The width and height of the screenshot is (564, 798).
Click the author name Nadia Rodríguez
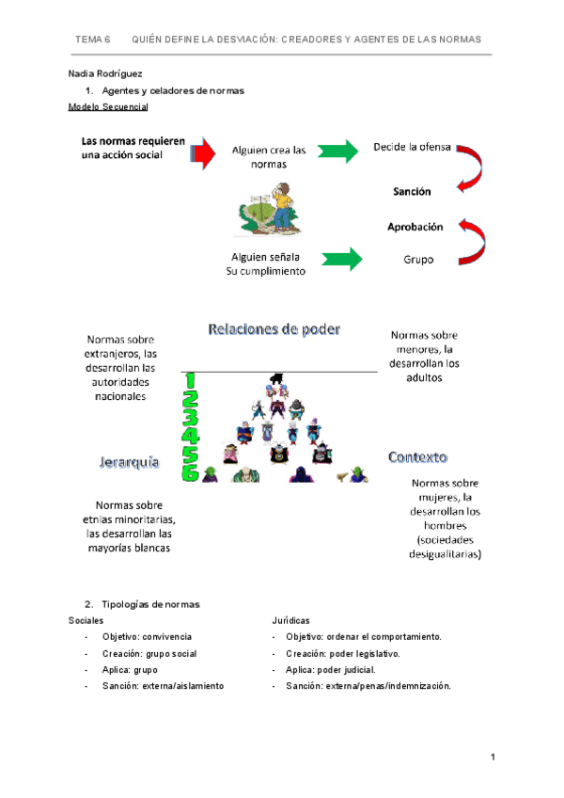105,73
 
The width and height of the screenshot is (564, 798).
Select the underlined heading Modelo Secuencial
108,107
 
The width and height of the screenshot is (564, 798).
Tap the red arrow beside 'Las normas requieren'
201,152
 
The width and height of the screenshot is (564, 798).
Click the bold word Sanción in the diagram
412,191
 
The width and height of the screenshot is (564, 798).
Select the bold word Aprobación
415,227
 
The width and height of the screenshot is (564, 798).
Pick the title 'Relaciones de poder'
274,329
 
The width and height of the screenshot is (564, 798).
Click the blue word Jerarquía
130,462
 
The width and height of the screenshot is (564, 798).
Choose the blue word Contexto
417,456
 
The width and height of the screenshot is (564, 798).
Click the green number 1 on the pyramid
191,380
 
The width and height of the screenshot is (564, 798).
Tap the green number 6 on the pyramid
190,473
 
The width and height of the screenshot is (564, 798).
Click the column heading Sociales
86,621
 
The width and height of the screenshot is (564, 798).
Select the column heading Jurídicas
290,621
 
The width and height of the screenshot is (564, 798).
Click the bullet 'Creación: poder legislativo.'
343,653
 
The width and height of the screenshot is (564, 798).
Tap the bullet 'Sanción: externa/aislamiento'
163,686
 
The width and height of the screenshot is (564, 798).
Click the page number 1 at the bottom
492,758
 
